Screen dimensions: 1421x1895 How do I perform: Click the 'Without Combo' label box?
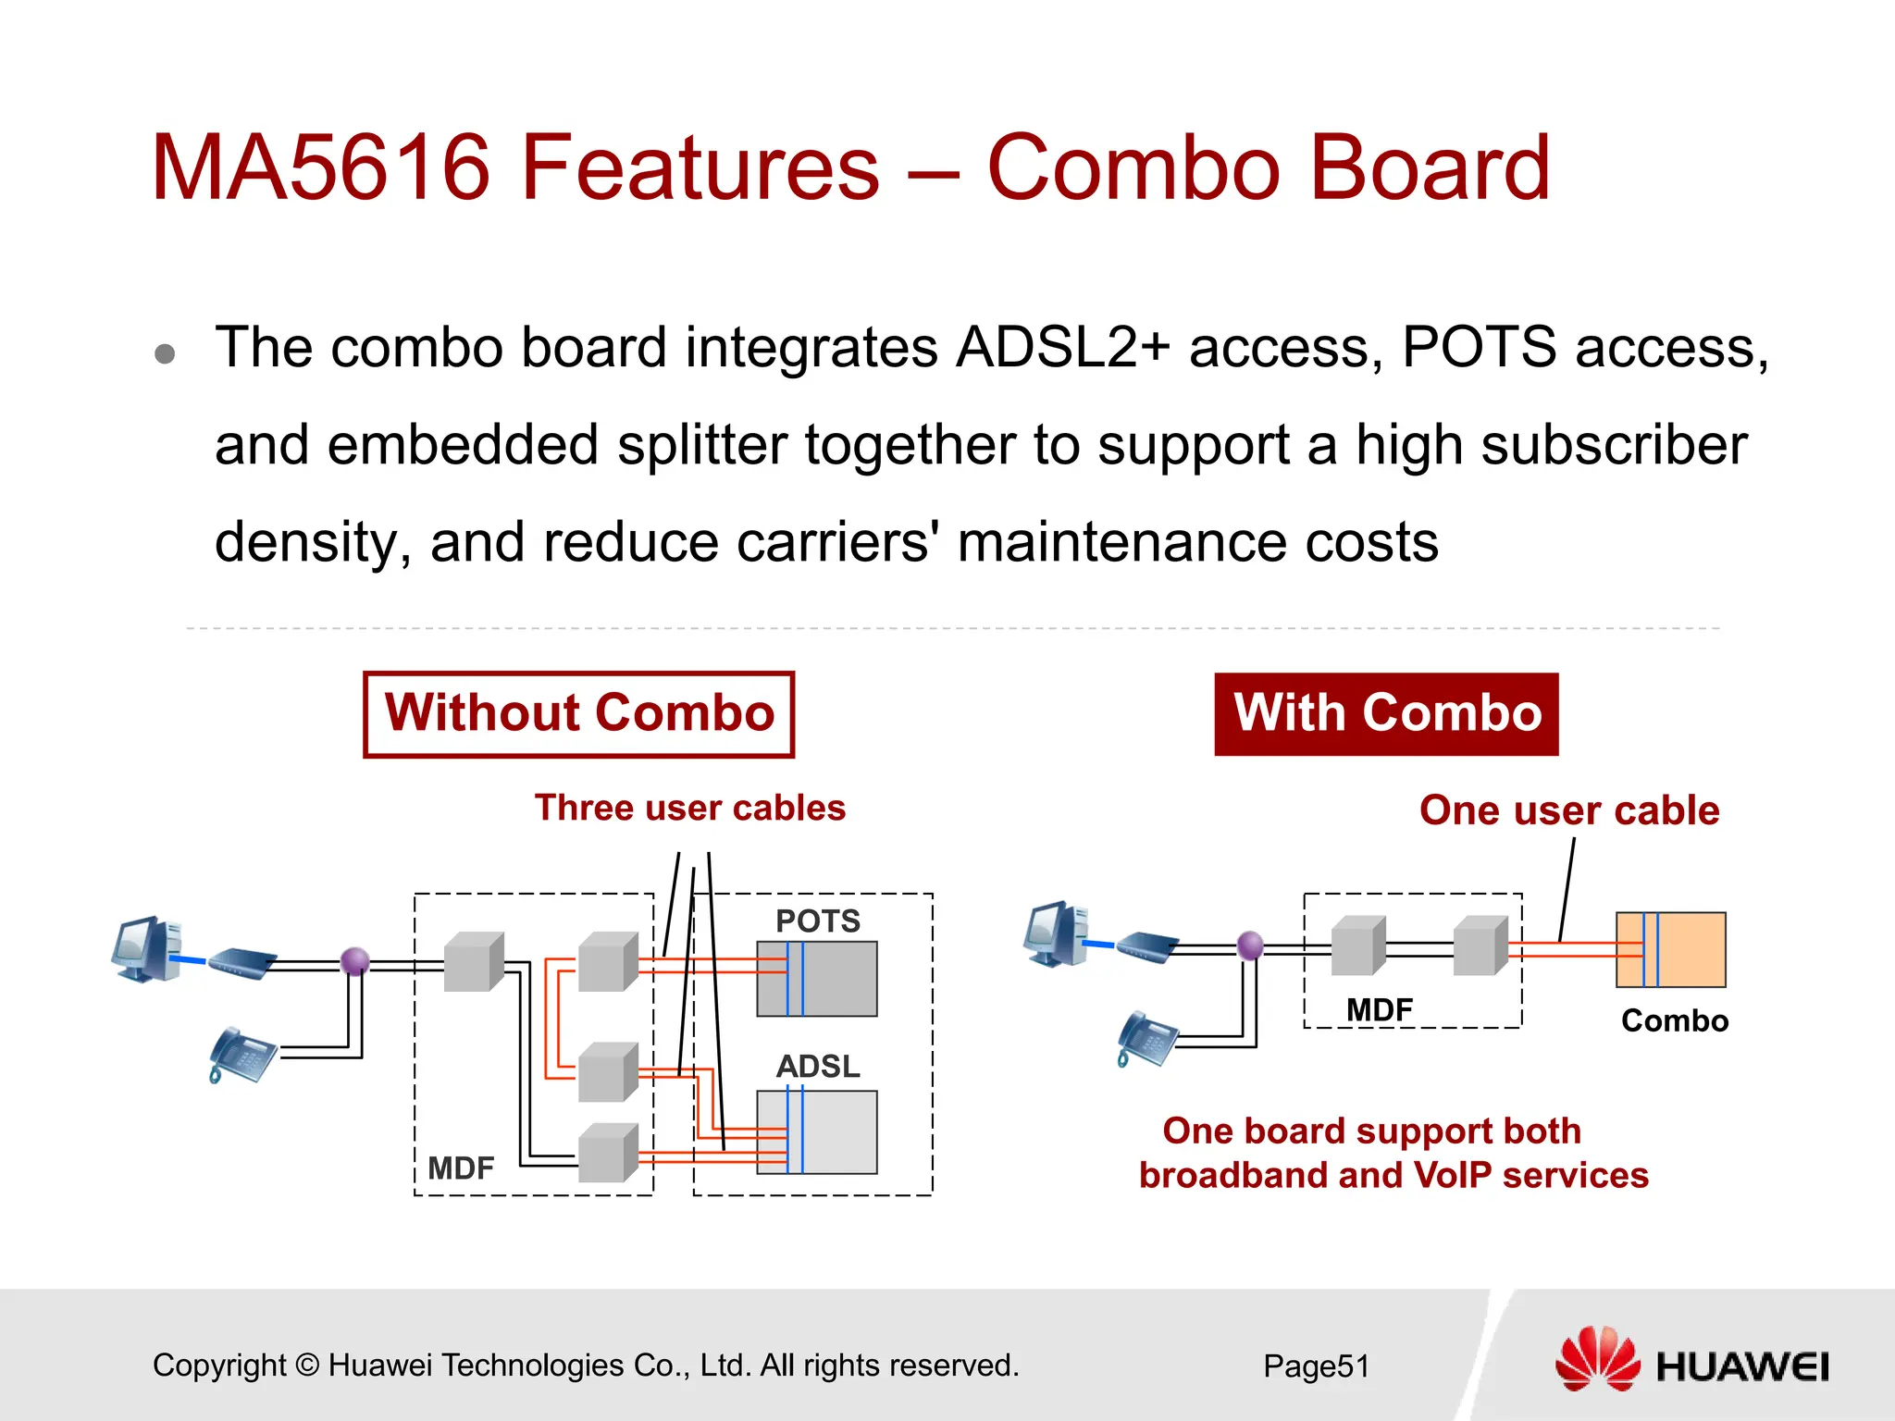click(578, 714)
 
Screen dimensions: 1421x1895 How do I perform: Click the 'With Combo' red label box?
click(1386, 714)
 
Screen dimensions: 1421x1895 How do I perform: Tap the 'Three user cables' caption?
click(689, 808)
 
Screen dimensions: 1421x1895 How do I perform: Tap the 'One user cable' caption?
click(1569, 810)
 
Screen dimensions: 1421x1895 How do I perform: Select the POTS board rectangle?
click(817, 979)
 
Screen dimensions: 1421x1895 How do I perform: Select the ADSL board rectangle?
click(817, 1132)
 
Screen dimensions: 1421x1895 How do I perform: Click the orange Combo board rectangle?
click(1670, 950)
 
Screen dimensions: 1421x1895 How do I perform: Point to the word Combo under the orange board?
click(1674, 1020)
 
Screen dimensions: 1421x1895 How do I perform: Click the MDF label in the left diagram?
click(460, 1168)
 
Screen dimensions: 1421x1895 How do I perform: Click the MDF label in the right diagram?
click(1379, 1009)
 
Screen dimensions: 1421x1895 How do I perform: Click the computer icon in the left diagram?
click(145, 949)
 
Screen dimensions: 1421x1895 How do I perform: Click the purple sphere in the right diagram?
click(1250, 945)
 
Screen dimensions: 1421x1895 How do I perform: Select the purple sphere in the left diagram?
click(355, 961)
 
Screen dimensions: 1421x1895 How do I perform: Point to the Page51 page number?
click(1316, 1366)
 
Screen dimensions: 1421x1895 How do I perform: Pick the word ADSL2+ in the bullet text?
click(1062, 348)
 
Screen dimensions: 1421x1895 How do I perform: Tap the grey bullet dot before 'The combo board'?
click(166, 354)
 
